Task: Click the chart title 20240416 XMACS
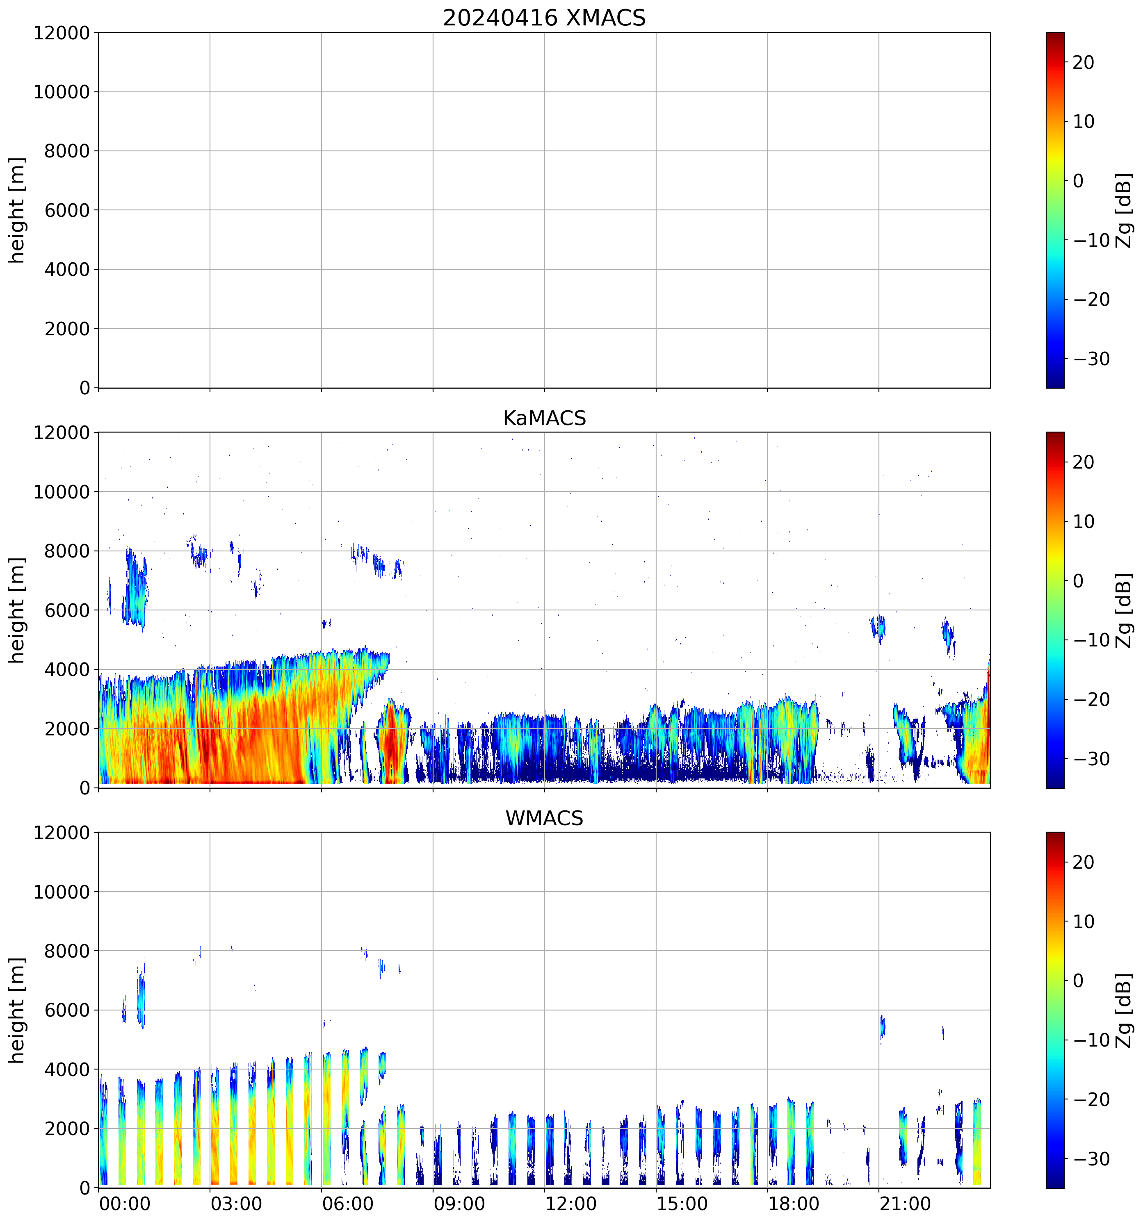(x=544, y=18)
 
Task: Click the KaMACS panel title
(x=544, y=418)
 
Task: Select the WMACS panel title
(x=544, y=818)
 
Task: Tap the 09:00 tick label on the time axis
(x=459, y=1203)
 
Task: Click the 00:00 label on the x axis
(x=125, y=1203)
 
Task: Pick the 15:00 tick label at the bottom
(x=682, y=1203)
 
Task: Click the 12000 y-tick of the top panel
(x=62, y=33)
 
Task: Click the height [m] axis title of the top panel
(x=17, y=210)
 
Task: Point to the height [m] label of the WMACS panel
(x=17, y=1010)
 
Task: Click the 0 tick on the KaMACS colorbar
(x=1078, y=581)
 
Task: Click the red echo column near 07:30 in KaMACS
(x=391, y=744)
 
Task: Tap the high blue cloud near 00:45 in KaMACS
(x=135, y=590)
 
